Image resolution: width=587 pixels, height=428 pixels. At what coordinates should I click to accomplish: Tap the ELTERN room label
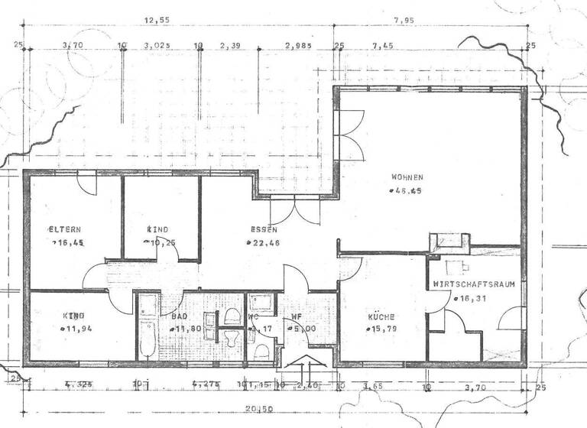pyautogui.click(x=65, y=229)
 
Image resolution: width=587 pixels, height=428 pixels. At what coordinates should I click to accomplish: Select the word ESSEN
pyautogui.click(x=263, y=229)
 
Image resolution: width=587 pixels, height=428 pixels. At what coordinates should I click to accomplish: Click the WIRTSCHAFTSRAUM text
pyautogui.click(x=473, y=284)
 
